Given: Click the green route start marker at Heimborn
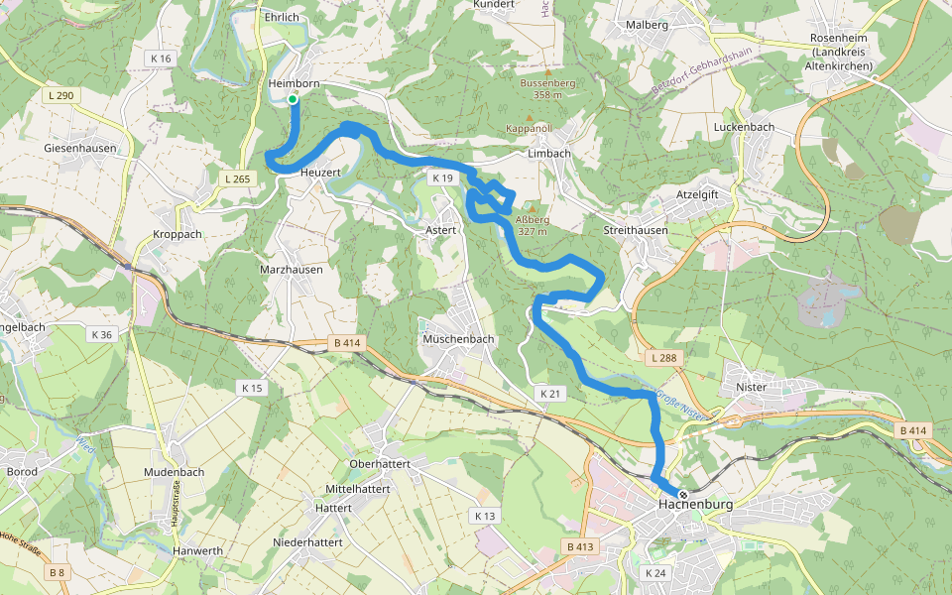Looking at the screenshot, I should [293, 99].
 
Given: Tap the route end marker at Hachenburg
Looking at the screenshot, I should [683, 494].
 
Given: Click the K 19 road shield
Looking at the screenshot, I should [442, 178].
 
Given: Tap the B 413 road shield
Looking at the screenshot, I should [579, 547].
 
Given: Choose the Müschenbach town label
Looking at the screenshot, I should [457, 339].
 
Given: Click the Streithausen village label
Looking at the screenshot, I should [636, 230].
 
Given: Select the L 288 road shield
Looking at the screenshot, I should [663, 356].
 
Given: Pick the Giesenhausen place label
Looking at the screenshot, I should [80, 148].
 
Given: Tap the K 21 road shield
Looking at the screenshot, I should [550, 394].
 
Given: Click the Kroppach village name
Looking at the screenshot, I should [178, 234].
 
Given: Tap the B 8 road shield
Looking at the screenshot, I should [57, 572].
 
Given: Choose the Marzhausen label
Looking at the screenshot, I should [294, 270].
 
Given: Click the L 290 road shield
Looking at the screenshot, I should [60, 95].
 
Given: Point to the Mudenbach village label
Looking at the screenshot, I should [174, 472].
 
